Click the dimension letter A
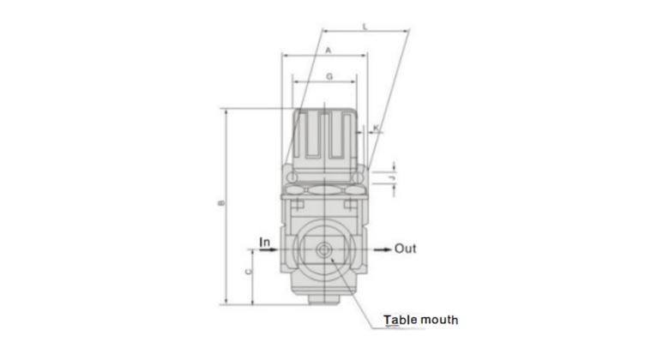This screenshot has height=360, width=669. pos(328,51)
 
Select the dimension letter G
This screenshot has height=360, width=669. pos(328,76)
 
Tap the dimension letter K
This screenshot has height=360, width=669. pos(377,128)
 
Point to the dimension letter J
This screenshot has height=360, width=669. pos(393,178)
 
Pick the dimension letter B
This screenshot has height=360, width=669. pos(221,204)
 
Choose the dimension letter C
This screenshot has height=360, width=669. pos(248,272)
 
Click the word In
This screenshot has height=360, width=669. pos(266,243)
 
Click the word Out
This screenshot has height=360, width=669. pos(406,249)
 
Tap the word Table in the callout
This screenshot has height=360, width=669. pos(400,320)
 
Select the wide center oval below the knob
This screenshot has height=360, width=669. pos(328,189)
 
